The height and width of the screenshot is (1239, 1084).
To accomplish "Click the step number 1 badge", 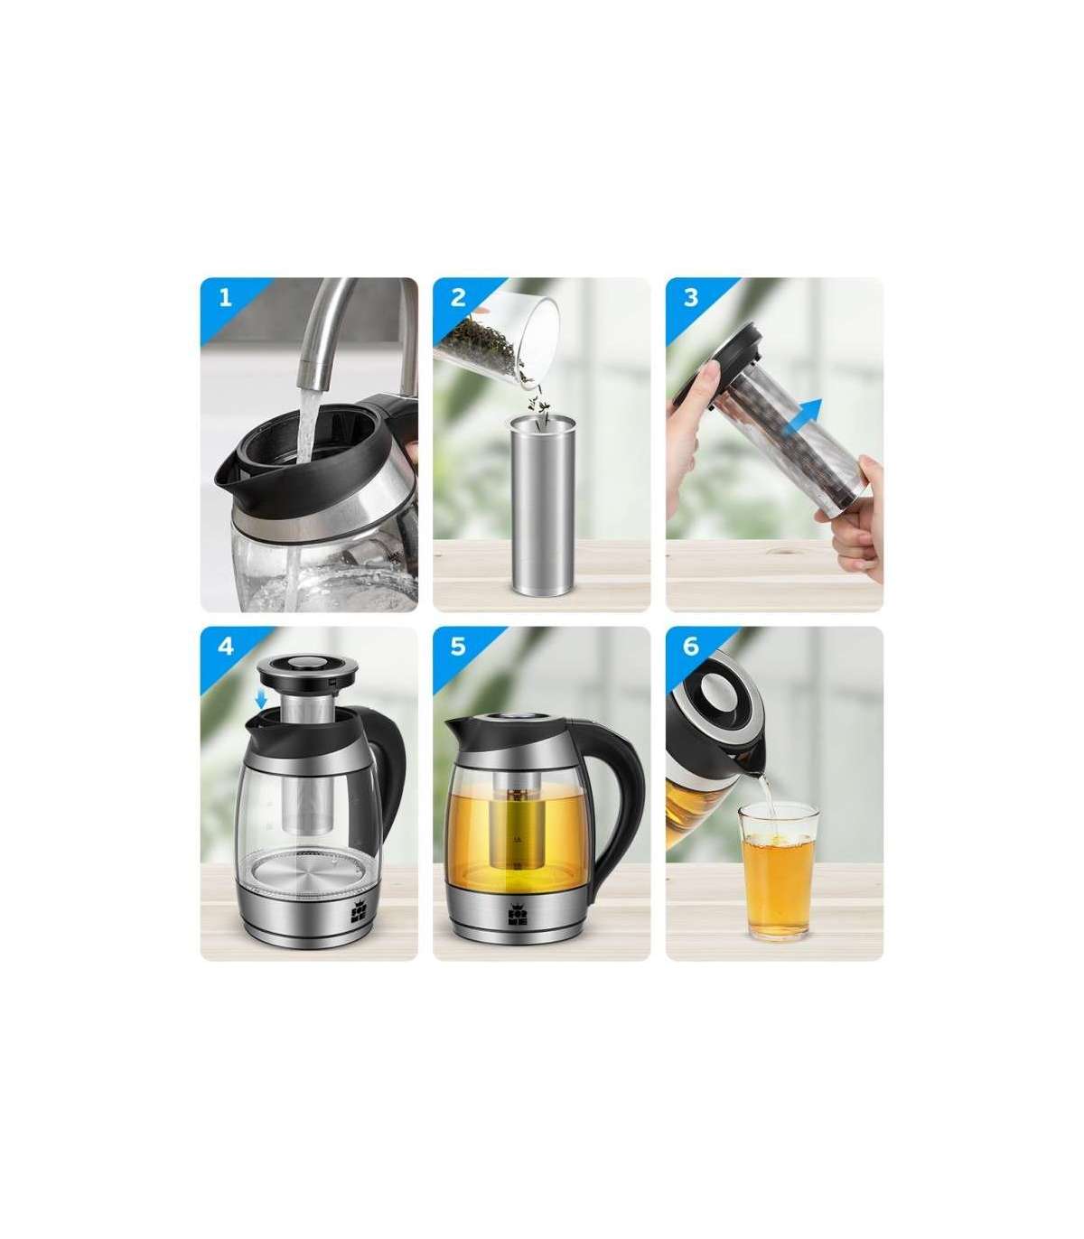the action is [225, 298].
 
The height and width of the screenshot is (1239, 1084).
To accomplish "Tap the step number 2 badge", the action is [458, 298].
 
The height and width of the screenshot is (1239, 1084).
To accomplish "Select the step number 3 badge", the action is [691, 298].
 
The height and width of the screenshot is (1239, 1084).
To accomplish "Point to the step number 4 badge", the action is [225, 647].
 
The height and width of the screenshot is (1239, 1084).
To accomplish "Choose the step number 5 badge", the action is [458, 647].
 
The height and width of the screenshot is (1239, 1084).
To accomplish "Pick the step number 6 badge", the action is [691, 647].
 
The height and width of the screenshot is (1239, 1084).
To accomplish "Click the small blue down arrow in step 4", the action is [262, 700].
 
